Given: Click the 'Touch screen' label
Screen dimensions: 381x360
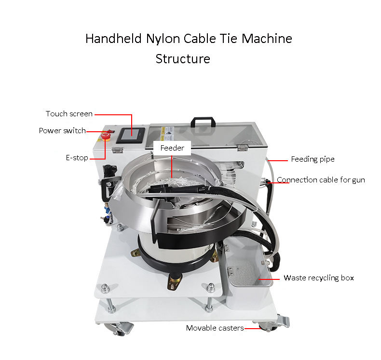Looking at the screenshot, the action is tap(69, 114).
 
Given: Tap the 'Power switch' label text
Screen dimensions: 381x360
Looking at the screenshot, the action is tap(62, 131).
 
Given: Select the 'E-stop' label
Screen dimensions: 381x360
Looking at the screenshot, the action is tap(77, 158).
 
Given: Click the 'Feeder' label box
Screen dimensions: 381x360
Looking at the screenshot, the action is tap(172, 148).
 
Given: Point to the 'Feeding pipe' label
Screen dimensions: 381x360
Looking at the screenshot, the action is tap(313, 159).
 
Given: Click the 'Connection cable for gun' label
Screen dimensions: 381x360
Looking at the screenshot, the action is tap(321, 180).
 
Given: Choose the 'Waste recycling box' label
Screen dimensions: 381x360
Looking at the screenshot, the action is tap(318, 278).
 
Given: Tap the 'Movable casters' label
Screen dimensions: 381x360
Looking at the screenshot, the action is tap(215, 328).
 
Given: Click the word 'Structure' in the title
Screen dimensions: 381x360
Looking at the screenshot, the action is tap(183, 59).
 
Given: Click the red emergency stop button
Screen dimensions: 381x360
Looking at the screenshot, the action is tap(106, 138).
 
